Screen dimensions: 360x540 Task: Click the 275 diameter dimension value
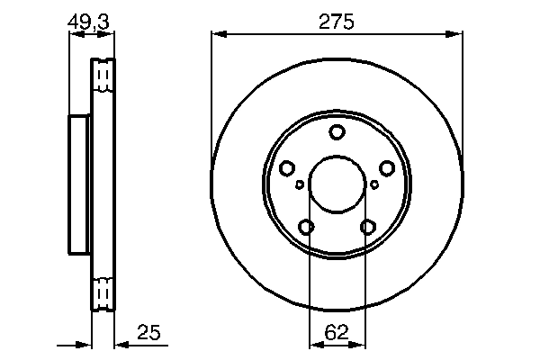point(337,19)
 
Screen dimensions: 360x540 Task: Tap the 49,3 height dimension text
point(90,18)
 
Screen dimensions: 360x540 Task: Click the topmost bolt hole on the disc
point(337,133)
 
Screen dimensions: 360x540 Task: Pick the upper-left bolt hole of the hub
point(287,168)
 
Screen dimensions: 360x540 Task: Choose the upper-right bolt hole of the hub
point(387,168)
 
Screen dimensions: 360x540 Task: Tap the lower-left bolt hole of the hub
point(307,227)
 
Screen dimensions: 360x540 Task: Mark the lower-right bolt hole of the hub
point(367,227)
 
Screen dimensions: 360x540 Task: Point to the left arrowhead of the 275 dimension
point(217,35)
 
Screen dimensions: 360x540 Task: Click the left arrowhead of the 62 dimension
point(314,345)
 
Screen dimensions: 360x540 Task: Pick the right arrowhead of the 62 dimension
point(360,345)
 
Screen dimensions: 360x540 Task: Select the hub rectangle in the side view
point(80,185)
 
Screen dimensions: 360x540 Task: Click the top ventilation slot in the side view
point(104,75)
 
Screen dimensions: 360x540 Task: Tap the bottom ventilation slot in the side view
point(104,293)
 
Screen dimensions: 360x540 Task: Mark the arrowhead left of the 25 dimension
point(87,345)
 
